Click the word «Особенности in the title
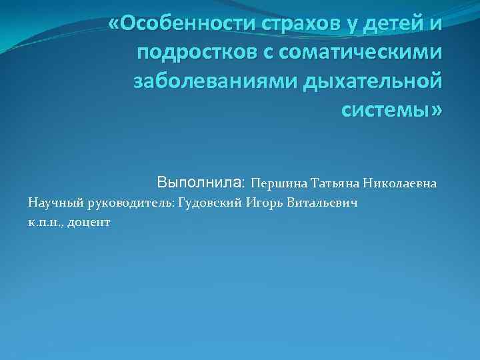point(176,25)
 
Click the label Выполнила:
point(202,181)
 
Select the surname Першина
point(274,183)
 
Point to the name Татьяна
point(328,183)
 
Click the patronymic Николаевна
point(400,183)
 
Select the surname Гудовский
point(209,202)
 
